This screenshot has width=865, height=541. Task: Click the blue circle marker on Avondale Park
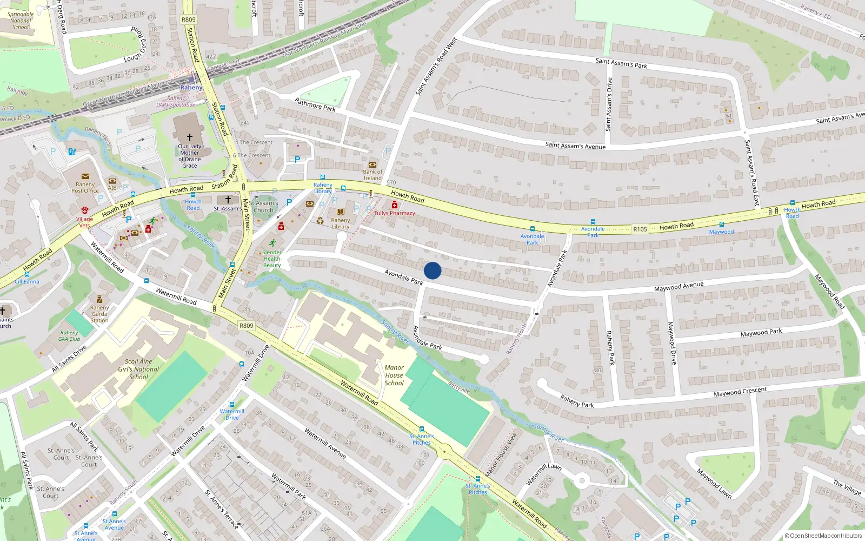(432, 270)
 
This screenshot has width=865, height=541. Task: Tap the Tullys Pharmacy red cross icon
(395, 205)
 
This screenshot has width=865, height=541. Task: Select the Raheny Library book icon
(340, 212)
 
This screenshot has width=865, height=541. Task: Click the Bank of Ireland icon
(372, 164)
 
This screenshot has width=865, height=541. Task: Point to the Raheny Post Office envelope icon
(85, 176)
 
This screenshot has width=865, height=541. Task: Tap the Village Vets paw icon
(84, 210)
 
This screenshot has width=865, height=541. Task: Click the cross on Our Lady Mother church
(189, 137)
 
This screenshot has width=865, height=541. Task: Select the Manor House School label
(394, 375)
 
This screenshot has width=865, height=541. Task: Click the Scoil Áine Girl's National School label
(138, 369)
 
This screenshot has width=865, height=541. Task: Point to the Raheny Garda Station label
(99, 314)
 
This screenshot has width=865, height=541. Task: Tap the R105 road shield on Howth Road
(640, 229)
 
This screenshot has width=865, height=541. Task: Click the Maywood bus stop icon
(721, 225)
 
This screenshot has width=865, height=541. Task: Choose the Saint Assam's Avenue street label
(575, 146)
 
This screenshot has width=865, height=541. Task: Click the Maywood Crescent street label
(740, 392)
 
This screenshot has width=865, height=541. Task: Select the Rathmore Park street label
(315, 104)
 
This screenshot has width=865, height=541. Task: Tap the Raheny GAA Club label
(69, 336)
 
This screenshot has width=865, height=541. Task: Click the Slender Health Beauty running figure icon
(272, 243)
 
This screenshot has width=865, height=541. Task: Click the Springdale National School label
(21, 21)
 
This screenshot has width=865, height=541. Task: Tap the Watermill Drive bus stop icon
(232, 405)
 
